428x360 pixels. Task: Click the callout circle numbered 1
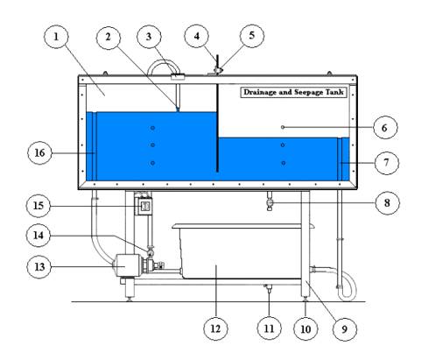[x=56, y=37]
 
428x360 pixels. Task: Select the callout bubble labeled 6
[x=385, y=128]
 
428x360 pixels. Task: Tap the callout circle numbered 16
[x=39, y=152]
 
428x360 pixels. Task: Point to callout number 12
[x=215, y=328]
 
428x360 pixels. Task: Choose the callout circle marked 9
[x=345, y=329]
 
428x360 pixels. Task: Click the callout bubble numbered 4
[x=197, y=36]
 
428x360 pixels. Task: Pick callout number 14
[x=39, y=235]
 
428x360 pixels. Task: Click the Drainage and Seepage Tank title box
[x=294, y=92]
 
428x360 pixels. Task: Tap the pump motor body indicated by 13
[x=128, y=265]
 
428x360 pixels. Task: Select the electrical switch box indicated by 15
[x=144, y=206]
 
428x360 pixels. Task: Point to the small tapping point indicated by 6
[x=283, y=127]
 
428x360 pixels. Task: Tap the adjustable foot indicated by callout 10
[x=305, y=299]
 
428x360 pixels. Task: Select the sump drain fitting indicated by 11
[x=268, y=288]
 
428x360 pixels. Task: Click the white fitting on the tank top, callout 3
[x=178, y=77]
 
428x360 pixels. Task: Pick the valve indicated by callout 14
[x=151, y=251]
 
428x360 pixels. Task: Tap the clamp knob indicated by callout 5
[x=218, y=70]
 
